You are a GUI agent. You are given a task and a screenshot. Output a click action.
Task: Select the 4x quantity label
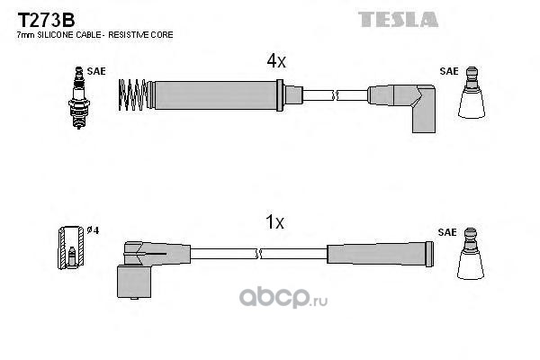[276, 61]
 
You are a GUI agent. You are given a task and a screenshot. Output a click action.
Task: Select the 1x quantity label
[276, 221]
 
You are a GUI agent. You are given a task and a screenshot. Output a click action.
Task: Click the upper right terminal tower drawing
[472, 94]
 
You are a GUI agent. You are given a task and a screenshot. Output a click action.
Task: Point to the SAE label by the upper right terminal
[447, 69]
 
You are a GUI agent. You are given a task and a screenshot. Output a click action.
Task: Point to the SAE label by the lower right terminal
[447, 230]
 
